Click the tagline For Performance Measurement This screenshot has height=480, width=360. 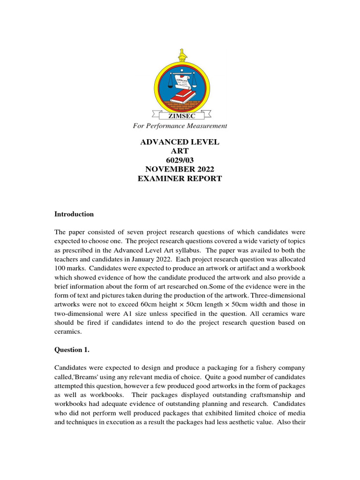(x=180, y=126)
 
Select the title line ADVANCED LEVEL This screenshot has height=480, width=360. (x=180, y=142)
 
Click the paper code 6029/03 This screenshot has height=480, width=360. (x=180, y=160)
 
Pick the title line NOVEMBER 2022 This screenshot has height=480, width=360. (x=180, y=169)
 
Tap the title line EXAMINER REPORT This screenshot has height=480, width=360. (x=180, y=179)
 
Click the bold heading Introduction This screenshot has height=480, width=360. (x=74, y=214)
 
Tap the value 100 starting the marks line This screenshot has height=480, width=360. (x=60, y=269)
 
